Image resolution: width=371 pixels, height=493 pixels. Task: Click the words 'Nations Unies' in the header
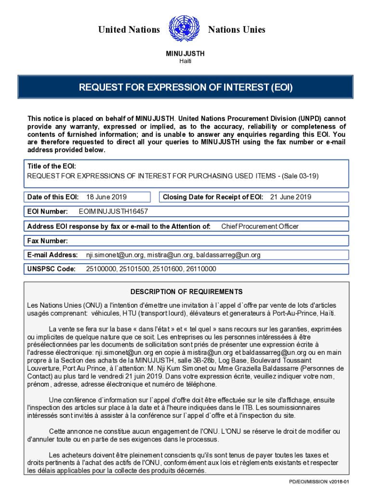click(237, 30)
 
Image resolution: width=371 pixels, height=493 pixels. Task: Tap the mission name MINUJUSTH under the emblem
click(185, 53)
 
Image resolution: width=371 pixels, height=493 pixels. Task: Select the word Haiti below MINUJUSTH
click(185, 61)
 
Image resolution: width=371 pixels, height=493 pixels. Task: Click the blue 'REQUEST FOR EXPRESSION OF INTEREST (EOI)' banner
click(185, 88)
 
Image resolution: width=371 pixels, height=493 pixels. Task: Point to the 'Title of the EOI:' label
click(51, 166)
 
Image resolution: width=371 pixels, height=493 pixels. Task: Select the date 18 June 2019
click(106, 197)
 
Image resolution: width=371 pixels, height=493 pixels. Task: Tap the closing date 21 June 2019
click(291, 197)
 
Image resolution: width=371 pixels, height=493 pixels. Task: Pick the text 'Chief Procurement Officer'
click(260, 226)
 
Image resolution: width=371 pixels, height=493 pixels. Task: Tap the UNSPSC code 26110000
click(200, 269)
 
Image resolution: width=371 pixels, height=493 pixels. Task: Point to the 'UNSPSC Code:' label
click(51, 269)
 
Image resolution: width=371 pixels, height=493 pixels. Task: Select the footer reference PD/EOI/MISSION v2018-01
click(318, 481)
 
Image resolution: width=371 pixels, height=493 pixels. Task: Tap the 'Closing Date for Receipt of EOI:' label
click(213, 197)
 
